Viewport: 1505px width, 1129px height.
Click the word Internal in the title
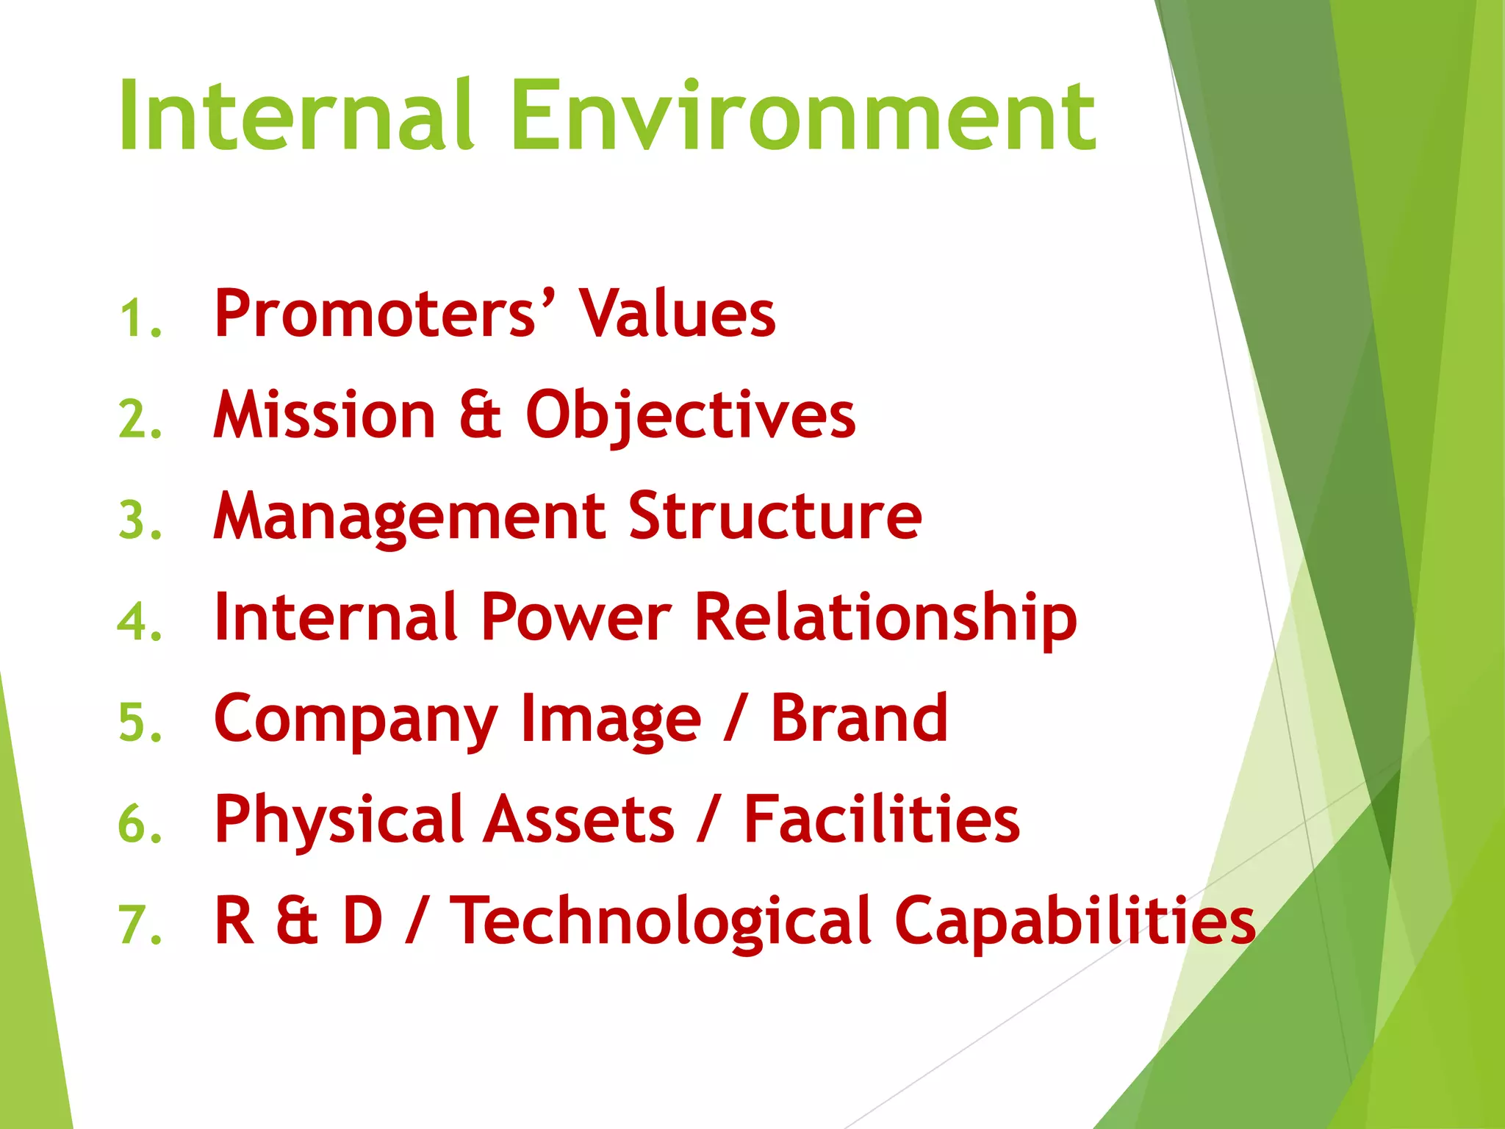tap(295, 116)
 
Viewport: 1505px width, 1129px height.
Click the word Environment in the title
tap(802, 116)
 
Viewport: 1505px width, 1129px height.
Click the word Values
tap(677, 315)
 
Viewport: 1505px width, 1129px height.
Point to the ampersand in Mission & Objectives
tap(480, 416)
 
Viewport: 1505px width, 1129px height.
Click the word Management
tap(409, 517)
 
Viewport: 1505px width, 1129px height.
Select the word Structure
tap(775, 516)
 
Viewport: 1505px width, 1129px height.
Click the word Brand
tap(859, 719)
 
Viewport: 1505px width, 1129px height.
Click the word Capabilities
tap(1074, 922)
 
